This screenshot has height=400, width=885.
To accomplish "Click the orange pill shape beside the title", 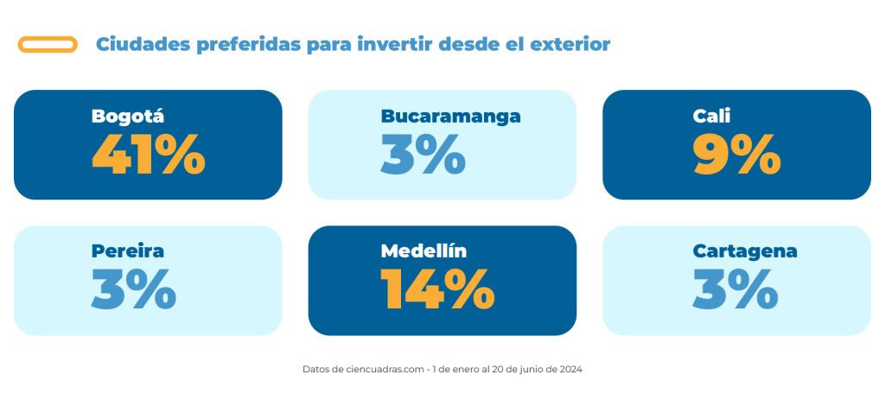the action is [48, 37].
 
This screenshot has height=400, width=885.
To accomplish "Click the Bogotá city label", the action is [128, 117].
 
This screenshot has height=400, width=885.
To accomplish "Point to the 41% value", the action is [149, 154].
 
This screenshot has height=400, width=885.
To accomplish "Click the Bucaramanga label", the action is [450, 117].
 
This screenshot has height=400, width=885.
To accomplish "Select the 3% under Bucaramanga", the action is [423, 154].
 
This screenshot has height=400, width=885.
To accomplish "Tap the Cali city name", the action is [711, 117].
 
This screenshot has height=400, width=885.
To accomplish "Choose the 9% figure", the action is [737, 154].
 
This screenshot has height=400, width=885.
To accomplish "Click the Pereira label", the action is [128, 251].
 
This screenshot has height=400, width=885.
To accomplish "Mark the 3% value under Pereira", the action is [134, 289].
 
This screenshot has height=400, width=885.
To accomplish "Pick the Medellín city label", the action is [423, 251].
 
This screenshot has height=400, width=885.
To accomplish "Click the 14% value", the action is [437, 289].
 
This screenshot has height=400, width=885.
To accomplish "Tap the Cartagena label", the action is [745, 251].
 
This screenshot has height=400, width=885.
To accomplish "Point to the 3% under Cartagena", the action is [735, 289].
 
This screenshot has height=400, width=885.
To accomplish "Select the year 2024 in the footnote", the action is [571, 370].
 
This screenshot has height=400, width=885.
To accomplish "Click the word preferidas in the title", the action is [249, 45].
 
